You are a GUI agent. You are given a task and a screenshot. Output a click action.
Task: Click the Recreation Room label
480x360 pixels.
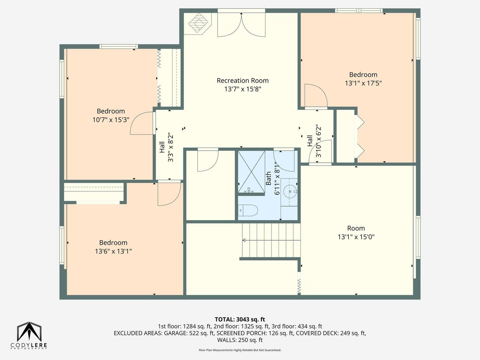point(243,81)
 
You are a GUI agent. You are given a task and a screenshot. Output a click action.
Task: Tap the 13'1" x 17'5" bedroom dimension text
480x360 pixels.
point(363,83)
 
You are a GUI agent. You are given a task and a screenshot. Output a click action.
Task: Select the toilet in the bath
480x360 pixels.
point(248,210)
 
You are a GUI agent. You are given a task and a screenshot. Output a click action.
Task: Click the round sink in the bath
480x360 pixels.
point(290,192)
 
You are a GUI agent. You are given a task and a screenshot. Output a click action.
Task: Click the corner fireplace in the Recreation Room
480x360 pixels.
point(198,23)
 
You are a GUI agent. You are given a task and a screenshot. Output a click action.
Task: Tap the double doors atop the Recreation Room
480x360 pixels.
point(241,24)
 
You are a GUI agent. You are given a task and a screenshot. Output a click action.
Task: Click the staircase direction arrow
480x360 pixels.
point(271,240)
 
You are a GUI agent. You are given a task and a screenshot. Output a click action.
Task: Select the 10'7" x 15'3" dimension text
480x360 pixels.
point(111,120)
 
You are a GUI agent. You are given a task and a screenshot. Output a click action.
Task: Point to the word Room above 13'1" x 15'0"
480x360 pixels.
point(356,228)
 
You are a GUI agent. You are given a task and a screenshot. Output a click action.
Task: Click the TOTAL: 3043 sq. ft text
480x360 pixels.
point(240,319)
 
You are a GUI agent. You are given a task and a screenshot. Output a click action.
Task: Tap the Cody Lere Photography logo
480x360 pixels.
point(29,336)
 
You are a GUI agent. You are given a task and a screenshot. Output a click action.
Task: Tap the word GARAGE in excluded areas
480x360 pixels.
point(174,333)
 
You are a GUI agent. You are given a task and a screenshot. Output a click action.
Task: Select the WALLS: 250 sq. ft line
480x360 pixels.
point(240,340)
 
